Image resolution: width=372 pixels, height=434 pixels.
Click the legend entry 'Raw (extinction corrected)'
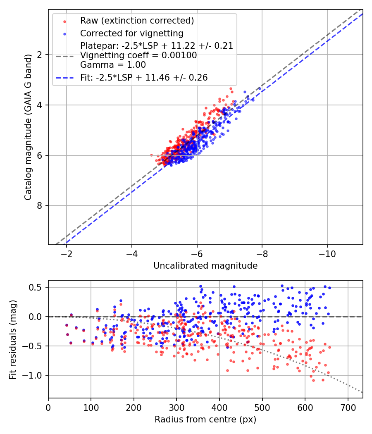pyautogui.click(x=137, y=21)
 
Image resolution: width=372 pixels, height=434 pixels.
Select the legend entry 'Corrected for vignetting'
pyautogui.click(x=131, y=33)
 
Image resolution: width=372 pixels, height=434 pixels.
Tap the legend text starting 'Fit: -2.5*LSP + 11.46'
pyautogui.click(x=144, y=77)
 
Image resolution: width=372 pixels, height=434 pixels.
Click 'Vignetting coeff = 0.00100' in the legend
pyautogui.click(x=138, y=55)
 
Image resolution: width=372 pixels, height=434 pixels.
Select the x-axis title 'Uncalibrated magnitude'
pyautogui.click(x=205, y=266)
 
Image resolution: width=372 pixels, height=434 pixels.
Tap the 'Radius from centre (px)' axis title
pyautogui.click(x=205, y=420)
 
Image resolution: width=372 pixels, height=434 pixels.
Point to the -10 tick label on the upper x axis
pyautogui.click(x=327, y=253)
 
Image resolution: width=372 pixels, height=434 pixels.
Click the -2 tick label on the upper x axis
pyautogui.click(x=67, y=253)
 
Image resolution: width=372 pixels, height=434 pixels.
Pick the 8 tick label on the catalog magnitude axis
pyautogui.click(x=40, y=206)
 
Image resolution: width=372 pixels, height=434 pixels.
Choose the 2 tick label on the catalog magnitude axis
pyautogui.click(x=40, y=55)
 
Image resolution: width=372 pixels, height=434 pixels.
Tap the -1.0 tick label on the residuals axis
pyautogui.click(x=35, y=375)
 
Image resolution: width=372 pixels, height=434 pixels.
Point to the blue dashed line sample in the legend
pyautogui.click(x=64, y=78)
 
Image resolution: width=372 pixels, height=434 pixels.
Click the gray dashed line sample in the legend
pyautogui.click(x=64, y=55)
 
